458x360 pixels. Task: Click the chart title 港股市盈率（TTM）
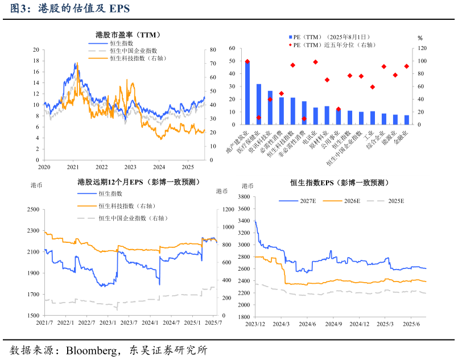(x=125, y=35)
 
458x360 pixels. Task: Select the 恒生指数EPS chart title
(x=339, y=183)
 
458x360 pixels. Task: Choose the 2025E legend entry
(x=395, y=201)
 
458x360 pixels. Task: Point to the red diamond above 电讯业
(x=315, y=62)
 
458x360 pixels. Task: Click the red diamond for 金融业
(x=406, y=66)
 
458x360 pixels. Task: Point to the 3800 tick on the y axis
(x=244, y=197)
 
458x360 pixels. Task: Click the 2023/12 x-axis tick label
(x=254, y=324)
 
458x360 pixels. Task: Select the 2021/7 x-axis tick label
(x=44, y=322)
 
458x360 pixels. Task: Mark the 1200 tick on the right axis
(x=227, y=209)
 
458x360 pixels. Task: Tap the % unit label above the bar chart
(x=420, y=38)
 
